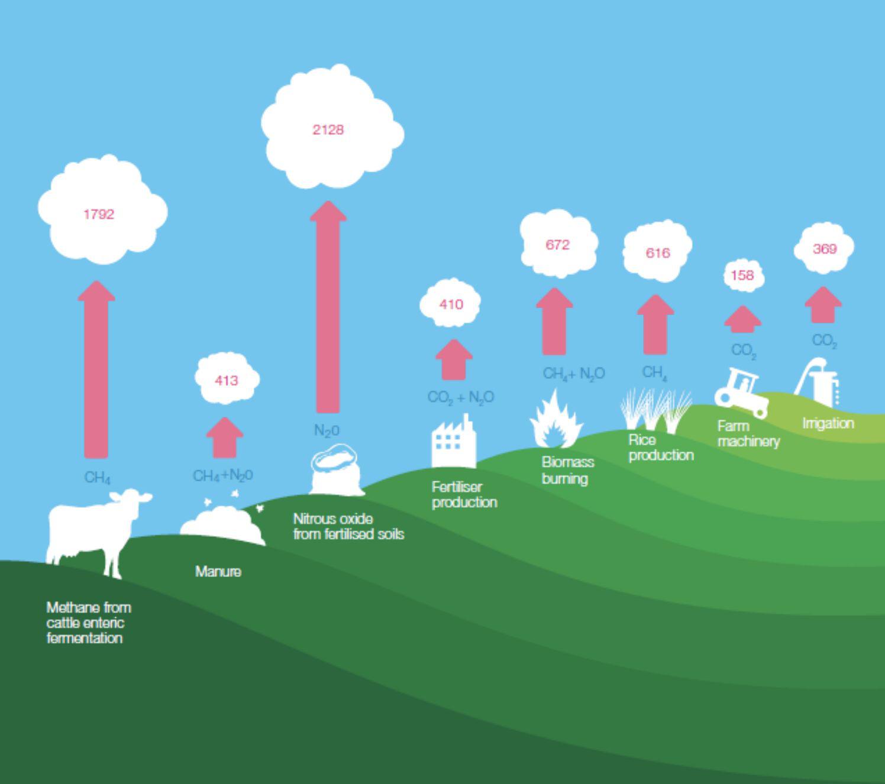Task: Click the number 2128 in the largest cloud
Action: pos(328,129)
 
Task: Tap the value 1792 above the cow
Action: pos(98,214)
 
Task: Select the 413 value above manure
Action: pos(227,380)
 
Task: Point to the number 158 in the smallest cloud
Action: pos(742,275)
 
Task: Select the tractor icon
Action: pos(742,392)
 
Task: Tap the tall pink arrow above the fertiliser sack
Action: pos(328,307)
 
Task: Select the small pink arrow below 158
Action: pos(742,319)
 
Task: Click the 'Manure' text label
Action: pos(218,572)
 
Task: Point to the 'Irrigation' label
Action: pos(828,423)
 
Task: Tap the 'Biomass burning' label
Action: pos(567,470)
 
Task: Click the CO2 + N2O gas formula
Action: pos(461,397)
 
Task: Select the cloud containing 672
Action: pos(558,244)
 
